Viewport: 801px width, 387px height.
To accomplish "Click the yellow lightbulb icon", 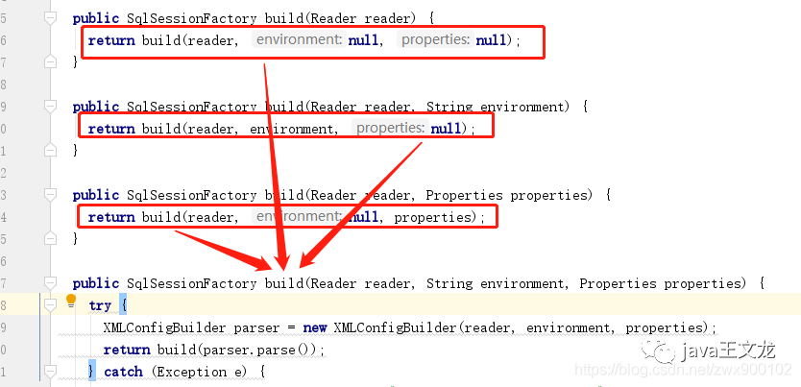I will coord(70,302).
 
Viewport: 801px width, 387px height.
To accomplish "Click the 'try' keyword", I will coord(100,305).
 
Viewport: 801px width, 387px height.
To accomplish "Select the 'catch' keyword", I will coord(123,372).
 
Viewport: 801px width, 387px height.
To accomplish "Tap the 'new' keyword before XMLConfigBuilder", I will coord(317,327).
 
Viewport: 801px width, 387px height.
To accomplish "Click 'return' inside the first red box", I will coord(110,40).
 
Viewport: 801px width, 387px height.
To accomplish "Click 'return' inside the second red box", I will coord(110,129).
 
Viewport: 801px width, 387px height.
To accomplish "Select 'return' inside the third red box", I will coord(110,217).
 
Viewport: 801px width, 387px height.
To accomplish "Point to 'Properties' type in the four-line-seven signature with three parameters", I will coord(619,283).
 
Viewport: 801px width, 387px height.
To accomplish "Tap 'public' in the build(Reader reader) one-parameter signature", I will coord(96,18).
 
